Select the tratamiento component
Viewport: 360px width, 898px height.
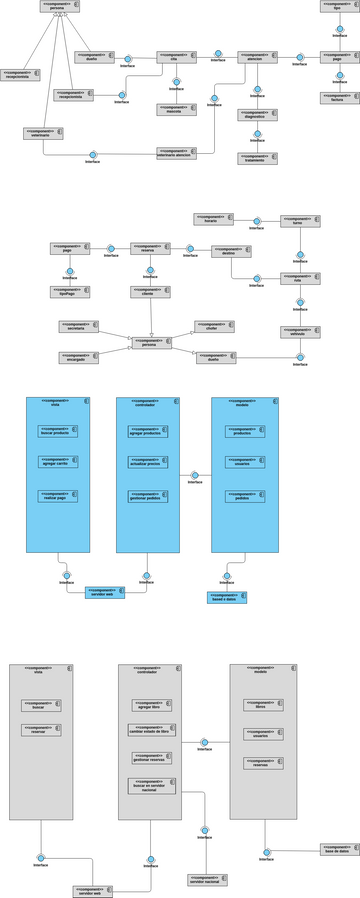[x=257, y=158]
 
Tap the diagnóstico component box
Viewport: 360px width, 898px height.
[x=257, y=115]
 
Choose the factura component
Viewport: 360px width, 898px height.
[x=339, y=98]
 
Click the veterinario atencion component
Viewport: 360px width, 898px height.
[x=176, y=153]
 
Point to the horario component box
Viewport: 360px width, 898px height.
[x=213, y=219]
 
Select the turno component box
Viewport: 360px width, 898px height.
[x=300, y=221]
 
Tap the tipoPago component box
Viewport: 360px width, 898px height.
[x=70, y=292]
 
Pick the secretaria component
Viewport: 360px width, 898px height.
[x=78, y=326]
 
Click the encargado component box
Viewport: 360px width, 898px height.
[x=78, y=356]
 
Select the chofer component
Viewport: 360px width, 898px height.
[x=214, y=326]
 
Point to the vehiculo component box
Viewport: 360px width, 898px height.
[x=300, y=332]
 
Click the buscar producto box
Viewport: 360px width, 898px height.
[x=58, y=431]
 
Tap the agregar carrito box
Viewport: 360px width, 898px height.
[x=58, y=462]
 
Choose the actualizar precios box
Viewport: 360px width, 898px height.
[x=148, y=463]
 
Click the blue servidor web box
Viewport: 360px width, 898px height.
[x=104, y=592]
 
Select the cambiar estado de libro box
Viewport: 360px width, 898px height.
[x=151, y=730]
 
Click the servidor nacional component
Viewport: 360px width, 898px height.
[x=207, y=880]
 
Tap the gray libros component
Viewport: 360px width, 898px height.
[x=263, y=704]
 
